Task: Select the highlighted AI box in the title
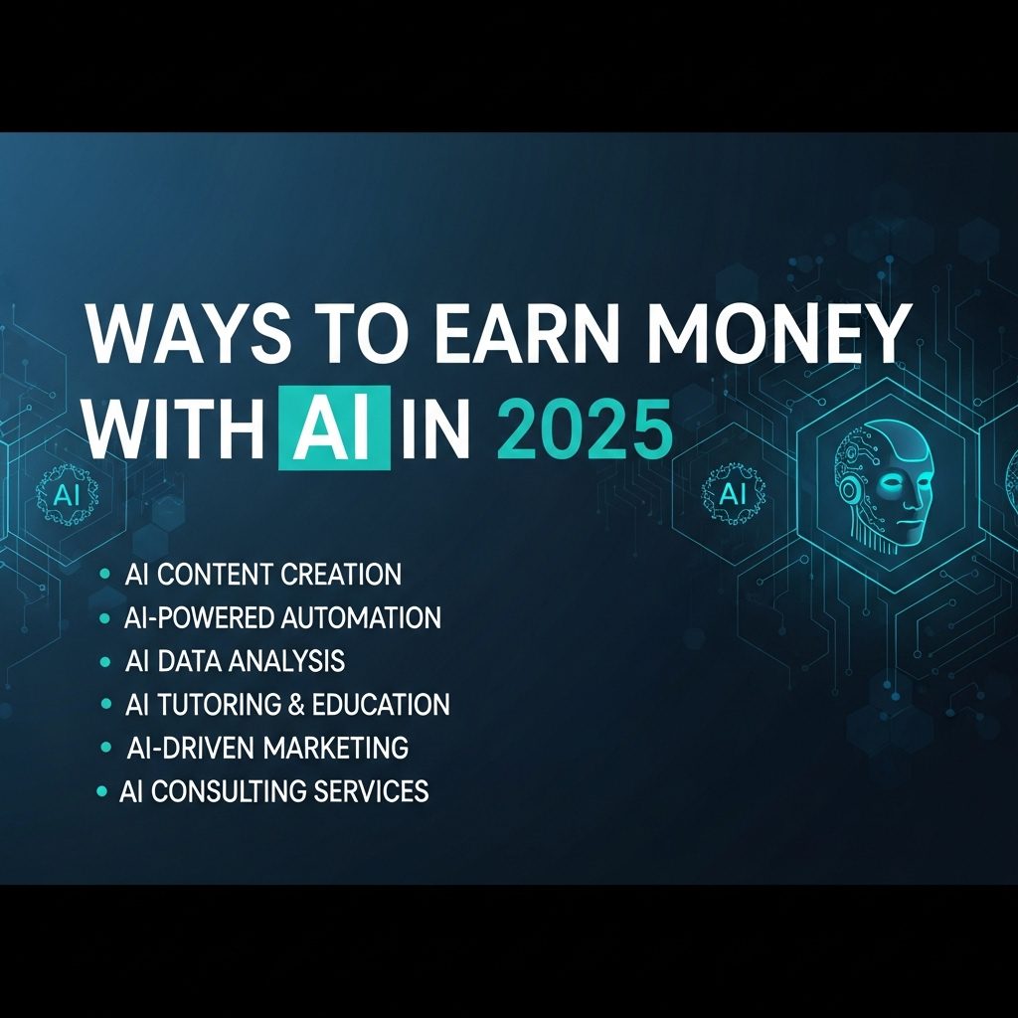[334, 427]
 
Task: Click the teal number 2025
[585, 429]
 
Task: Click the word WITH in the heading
[175, 429]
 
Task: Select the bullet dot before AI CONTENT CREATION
[103, 574]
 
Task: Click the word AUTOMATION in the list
[361, 617]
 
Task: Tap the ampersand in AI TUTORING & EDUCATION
[295, 705]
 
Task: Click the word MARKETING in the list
[336, 748]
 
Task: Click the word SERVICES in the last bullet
[371, 790]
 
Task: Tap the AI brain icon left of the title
[67, 495]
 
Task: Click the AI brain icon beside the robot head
[733, 495]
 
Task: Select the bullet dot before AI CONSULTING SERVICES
[101, 790]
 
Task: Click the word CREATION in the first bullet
[342, 574]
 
